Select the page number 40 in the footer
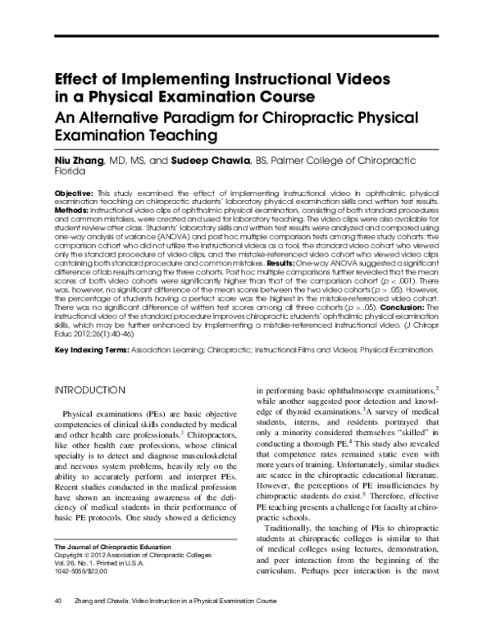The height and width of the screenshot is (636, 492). pos(58,624)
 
